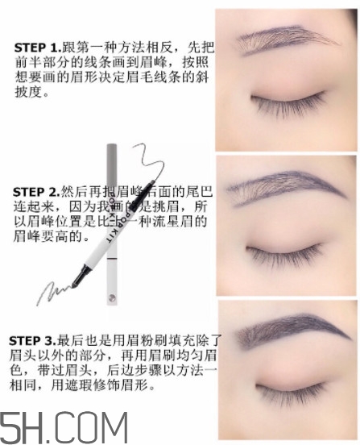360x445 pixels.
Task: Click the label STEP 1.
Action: (x=34, y=48)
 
